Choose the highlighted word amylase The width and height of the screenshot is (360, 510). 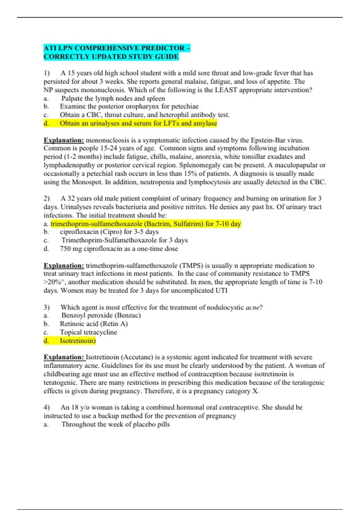click(x=205, y=123)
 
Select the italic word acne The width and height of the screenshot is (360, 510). click(x=252, y=307)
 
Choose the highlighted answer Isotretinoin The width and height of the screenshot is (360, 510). click(x=77, y=341)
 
